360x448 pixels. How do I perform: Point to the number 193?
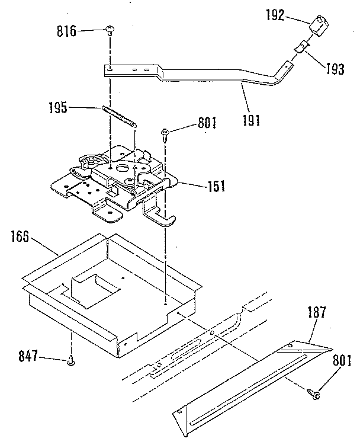coord(335,69)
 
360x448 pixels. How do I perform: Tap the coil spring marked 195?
coord(120,116)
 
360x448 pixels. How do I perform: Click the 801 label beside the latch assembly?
coord(207,125)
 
